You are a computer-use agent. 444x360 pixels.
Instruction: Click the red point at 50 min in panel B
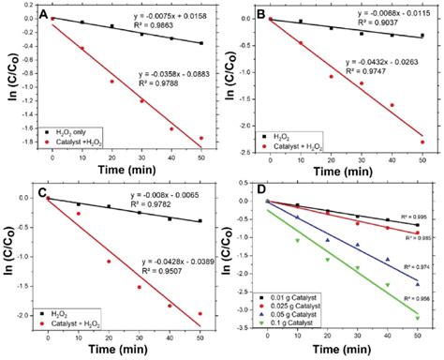click(x=422, y=142)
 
